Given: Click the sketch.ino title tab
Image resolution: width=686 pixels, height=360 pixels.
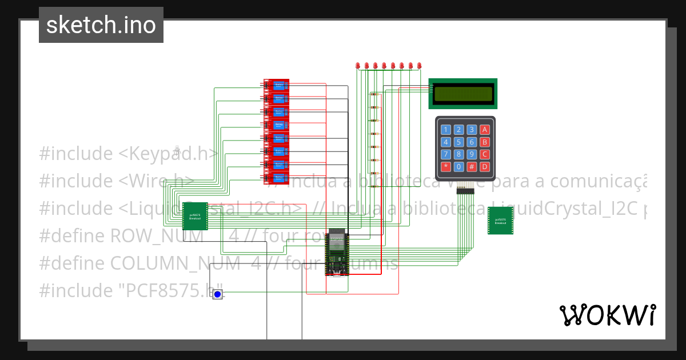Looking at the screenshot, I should (101, 25).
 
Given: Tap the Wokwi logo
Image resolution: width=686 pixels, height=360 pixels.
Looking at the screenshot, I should (607, 315).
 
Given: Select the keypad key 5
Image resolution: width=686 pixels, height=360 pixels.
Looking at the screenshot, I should (458, 142).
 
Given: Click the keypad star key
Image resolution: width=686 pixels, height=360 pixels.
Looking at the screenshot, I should (445, 167).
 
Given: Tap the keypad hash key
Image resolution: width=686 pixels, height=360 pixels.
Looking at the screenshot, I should (472, 167).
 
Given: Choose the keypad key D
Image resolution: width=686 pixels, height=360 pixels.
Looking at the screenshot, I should (485, 167).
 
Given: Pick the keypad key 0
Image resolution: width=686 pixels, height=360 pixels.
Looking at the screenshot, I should (458, 167).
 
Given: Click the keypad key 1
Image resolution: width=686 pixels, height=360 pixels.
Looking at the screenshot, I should (445, 130).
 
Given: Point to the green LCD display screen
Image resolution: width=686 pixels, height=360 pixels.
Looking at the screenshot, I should (463, 94).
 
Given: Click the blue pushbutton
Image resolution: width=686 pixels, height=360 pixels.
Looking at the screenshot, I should (217, 294).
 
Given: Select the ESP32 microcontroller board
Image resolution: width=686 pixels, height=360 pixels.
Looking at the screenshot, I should (337, 254).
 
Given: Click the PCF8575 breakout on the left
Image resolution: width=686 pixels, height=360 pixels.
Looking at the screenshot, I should (194, 216).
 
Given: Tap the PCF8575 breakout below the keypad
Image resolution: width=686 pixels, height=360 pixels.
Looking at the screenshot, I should (500, 221).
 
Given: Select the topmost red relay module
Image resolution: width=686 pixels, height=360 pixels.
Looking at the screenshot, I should (276, 85).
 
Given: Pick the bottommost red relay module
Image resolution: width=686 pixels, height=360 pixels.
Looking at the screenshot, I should (276, 178).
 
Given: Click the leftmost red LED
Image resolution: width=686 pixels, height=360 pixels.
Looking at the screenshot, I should (358, 66).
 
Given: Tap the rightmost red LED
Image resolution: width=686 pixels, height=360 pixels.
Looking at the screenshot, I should (419, 66).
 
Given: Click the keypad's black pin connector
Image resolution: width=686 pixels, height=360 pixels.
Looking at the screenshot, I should (465, 191).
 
